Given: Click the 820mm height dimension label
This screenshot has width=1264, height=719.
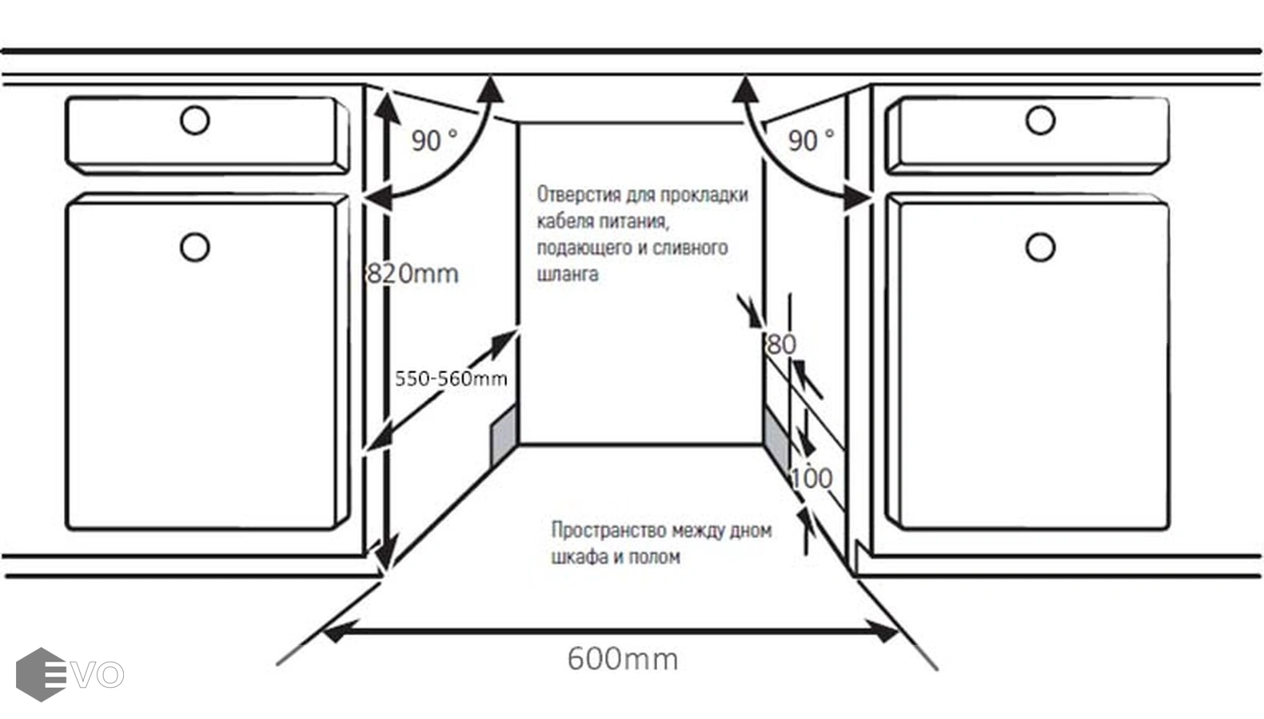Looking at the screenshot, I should tap(413, 274).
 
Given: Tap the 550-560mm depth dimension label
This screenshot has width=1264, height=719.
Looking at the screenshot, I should tap(451, 379).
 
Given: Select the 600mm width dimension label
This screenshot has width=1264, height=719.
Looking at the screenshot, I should tap(623, 659).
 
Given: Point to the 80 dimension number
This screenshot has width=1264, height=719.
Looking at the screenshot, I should tap(781, 344).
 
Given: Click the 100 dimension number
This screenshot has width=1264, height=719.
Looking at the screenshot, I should tap(811, 478).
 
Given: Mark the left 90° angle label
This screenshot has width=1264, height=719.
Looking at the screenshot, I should tap(434, 141).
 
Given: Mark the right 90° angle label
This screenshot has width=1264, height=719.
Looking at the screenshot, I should tap(811, 141).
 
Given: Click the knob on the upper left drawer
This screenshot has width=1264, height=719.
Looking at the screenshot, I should tap(195, 121).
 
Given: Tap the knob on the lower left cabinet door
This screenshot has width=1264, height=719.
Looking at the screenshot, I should tap(195, 247).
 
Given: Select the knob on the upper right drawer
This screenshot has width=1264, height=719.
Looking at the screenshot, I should tap(1040, 121).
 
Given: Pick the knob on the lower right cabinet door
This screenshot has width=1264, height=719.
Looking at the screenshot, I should tap(1040, 248).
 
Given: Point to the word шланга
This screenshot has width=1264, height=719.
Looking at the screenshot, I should tap(568, 274).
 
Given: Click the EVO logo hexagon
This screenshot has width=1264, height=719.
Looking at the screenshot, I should tap(40, 675).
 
